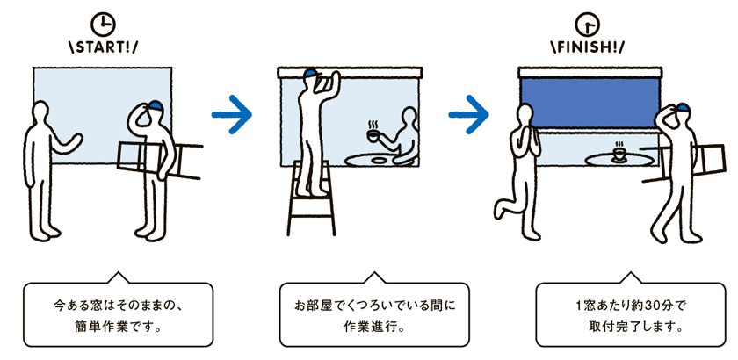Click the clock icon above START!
pos(103,25)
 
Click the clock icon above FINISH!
pos(589,25)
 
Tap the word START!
pos(104,47)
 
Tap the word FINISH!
pos(589,47)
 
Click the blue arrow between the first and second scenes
pos(232,114)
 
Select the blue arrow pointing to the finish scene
pos(469,114)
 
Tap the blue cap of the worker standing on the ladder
pos(311,73)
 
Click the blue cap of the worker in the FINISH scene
pos(683,108)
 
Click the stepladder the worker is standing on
pos(311,198)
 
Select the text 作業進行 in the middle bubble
pos(373,327)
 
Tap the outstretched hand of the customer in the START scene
pos(76,140)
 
